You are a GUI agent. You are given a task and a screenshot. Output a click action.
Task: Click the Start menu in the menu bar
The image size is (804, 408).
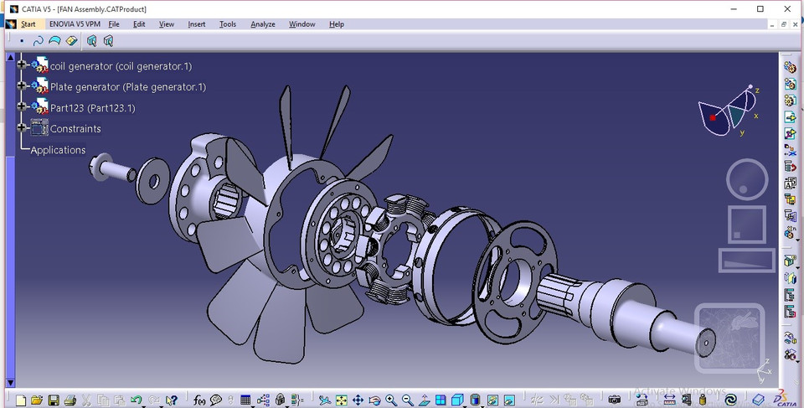point(28,24)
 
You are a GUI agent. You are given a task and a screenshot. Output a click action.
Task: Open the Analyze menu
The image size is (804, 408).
point(264,24)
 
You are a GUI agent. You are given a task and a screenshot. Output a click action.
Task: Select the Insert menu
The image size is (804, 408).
point(197,24)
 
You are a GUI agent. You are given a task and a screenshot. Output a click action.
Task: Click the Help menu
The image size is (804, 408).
point(337,24)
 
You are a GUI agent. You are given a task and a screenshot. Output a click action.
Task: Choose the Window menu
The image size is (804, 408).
point(302,24)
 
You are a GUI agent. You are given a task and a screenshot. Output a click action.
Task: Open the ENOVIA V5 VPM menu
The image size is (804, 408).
point(75,24)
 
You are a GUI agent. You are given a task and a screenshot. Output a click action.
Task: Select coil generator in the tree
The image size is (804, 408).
point(121,65)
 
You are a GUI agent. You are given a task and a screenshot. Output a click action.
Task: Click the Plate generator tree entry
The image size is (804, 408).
point(127,86)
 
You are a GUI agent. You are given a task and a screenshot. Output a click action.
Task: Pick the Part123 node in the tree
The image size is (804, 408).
point(92,108)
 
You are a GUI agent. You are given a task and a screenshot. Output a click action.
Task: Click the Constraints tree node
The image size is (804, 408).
point(75,129)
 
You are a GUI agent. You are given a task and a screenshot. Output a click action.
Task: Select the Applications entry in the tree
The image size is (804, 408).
point(58,150)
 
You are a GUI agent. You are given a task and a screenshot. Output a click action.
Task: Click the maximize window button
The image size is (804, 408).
point(760,8)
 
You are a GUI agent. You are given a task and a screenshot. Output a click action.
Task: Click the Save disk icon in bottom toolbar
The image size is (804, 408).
point(54,400)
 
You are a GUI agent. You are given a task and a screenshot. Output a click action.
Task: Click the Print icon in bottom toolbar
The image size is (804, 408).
point(70,400)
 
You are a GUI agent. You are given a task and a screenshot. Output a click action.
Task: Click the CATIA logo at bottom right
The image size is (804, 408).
point(781,399)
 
